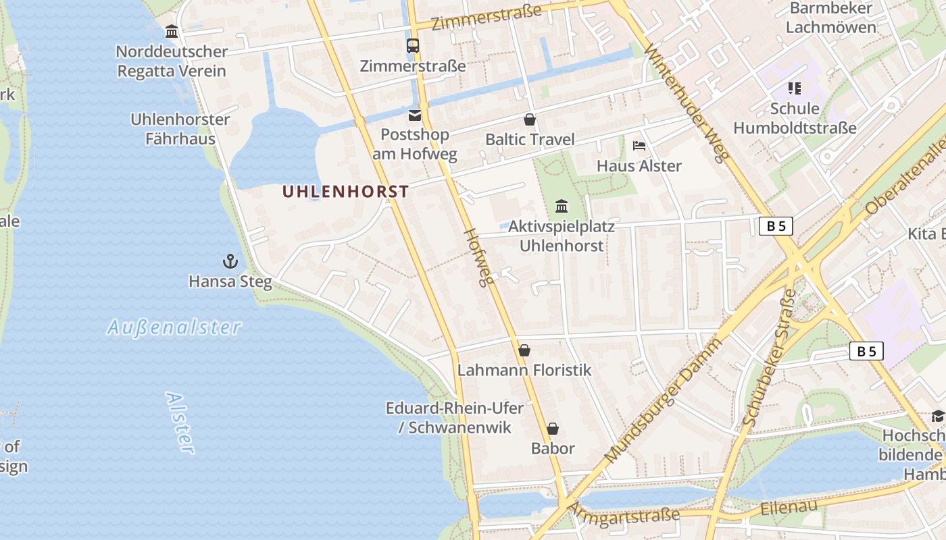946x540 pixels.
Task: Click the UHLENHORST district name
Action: tap(345, 192)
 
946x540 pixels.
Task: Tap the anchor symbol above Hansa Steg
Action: tap(230, 261)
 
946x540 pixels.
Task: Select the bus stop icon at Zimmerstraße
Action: tap(412, 46)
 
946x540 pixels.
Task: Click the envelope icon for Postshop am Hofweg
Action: tap(414, 115)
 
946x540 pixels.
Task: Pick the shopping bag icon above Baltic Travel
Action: tap(530, 120)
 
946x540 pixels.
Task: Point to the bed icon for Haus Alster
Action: tap(639, 146)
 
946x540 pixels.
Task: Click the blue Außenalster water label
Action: tap(174, 328)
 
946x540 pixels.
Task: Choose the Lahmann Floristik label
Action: tap(524, 370)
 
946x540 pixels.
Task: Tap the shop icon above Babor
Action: tap(553, 429)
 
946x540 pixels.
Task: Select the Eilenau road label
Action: tap(789, 507)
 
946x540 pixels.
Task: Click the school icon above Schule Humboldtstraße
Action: tap(794, 88)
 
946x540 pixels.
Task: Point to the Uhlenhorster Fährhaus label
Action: tap(180, 129)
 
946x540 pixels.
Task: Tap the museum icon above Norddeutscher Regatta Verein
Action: tap(172, 32)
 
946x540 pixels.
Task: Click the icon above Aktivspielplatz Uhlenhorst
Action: tap(561, 206)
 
